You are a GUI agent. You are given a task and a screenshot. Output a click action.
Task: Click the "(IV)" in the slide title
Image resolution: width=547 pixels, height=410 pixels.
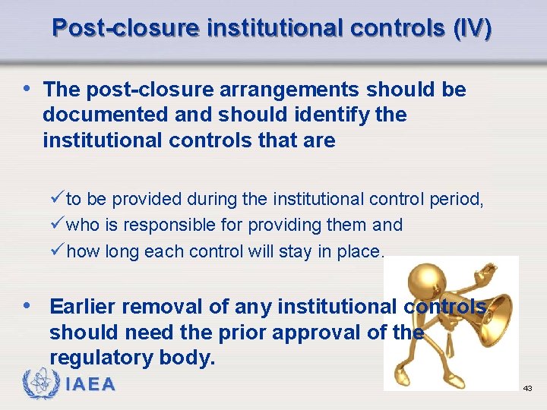472,28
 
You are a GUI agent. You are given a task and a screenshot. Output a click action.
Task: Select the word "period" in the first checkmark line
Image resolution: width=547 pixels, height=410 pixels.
460,200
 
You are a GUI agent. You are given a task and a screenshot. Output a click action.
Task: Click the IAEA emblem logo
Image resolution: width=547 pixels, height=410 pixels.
40,384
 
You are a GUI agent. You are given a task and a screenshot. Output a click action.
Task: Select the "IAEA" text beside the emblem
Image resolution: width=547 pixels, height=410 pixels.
90,385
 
